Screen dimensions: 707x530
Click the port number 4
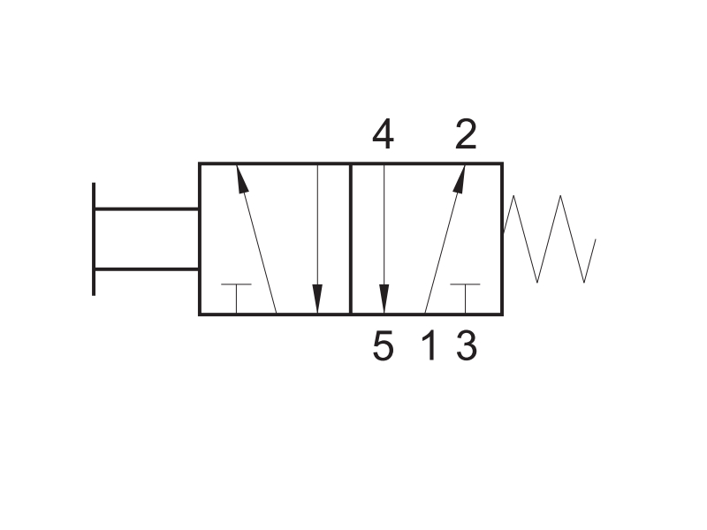(x=383, y=134)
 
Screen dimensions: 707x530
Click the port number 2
(x=466, y=134)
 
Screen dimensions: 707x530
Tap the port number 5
(x=384, y=345)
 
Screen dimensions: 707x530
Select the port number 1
(x=430, y=345)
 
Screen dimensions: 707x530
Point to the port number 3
(x=467, y=345)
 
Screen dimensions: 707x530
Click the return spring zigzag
(x=550, y=239)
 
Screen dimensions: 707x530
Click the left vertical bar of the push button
(x=94, y=238)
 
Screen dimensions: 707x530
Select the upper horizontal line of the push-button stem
(x=147, y=209)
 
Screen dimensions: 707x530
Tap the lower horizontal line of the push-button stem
(x=147, y=269)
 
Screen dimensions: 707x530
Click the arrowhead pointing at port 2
(x=460, y=179)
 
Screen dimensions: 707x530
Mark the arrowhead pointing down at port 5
(x=384, y=299)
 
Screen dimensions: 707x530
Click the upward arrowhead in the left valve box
(x=242, y=179)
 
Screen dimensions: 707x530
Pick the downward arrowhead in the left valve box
(x=317, y=299)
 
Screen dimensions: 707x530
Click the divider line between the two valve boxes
(x=350, y=238)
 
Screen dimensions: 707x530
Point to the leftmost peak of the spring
(x=513, y=195)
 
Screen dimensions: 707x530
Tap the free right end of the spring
(x=596, y=239)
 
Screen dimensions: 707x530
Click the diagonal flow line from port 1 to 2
(x=445, y=238)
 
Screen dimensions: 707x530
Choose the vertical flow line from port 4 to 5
(x=384, y=238)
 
